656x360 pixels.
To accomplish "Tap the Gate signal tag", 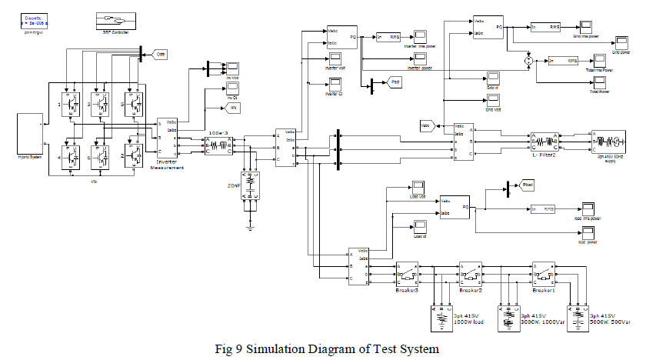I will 161,55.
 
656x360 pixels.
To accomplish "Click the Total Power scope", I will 593,82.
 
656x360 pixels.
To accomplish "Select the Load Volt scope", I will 417,188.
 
